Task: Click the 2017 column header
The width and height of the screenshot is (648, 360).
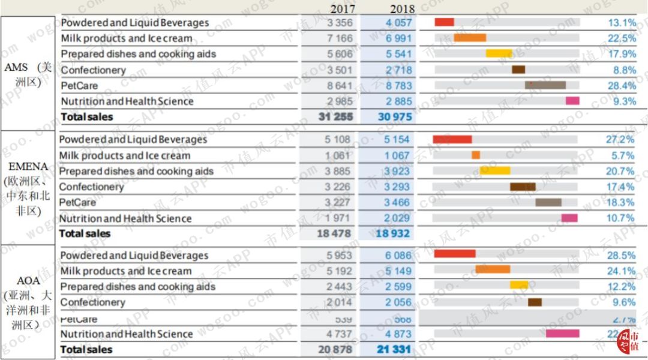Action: coord(343,9)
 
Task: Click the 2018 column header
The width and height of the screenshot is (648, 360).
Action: coord(402,9)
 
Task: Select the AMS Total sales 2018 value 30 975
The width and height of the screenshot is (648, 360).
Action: coord(395,117)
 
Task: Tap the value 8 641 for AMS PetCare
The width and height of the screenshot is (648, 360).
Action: coord(340,86)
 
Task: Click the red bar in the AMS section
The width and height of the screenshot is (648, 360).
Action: coord(444,22)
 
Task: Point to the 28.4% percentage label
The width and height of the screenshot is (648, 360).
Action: coord(621,86)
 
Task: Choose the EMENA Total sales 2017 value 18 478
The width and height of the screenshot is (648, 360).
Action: coord(335,233)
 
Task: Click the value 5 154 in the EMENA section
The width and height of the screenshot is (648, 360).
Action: coord(397,140)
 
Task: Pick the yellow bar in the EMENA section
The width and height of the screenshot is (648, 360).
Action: coord(495,171)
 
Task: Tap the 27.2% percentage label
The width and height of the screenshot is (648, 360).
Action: coord(620,140)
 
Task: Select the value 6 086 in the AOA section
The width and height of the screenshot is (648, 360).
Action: coord(398,256)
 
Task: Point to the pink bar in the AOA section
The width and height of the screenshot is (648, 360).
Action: coord(562,334)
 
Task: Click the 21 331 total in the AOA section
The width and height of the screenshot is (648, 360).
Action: coord(395,349)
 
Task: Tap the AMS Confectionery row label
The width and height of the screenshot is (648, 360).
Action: coord(93,70)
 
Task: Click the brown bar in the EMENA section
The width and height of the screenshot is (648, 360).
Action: coord(523,187)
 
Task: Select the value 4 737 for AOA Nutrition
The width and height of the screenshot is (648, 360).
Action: coord(340,334)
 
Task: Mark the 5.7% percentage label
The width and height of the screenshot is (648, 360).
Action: coord(622,155)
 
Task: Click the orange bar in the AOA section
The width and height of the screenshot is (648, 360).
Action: coord(493,269)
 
